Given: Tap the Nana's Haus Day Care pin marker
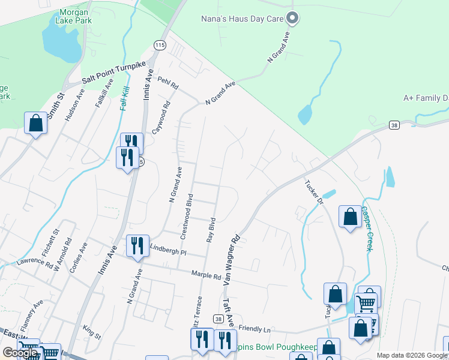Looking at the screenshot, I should (x=292, y=19).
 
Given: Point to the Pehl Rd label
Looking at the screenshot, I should (x=168, y=83).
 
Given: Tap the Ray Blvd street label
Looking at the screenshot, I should (x=211, y=228).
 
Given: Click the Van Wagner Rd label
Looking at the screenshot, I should (x=231, y=259).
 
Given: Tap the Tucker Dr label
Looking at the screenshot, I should (x=315, y=192).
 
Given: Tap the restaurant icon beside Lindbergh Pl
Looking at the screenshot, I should (x=137, y=245).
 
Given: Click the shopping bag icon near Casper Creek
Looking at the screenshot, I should (x=350, y=216).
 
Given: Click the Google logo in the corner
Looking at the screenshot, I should (x=20, y=352).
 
